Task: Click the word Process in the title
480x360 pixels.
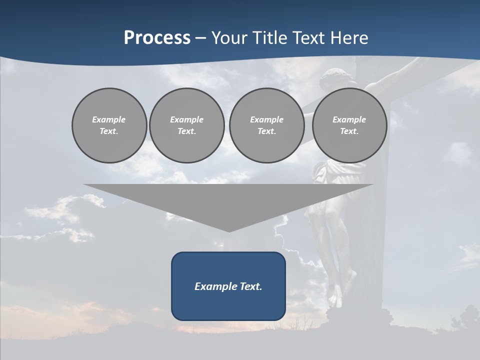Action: pyautogui.click(x=157, y=38)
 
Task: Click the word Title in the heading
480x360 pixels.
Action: pyautogui.click(x=269, y=38)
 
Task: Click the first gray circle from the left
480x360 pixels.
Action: pyautogui.click(x=109, y=125)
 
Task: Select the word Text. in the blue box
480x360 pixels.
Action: pyautogui.click(x=250, y=286)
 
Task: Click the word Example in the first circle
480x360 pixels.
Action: pyautogui.click(x=109, y=119)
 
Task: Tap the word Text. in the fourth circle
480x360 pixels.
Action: pyautogui.click(x=349, y=131)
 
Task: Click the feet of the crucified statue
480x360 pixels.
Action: pyautogui.click(x=339, y=295)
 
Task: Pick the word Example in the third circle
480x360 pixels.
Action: pyautogui.click(x=266, y=119)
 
